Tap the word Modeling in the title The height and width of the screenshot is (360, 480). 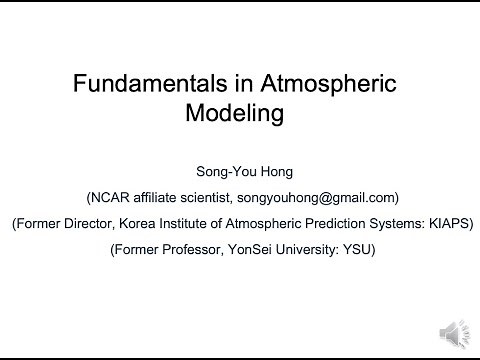[235, 113]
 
